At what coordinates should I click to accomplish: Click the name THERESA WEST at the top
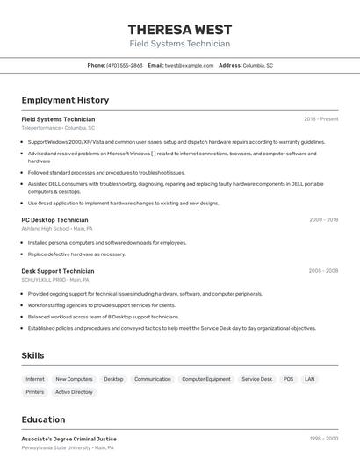click(180, 30)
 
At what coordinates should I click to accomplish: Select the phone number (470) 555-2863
click(124, 65)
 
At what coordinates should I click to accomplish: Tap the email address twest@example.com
click(189, 65)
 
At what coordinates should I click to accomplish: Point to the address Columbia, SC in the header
click(257, 65)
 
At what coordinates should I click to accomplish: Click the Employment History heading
click(65, 100)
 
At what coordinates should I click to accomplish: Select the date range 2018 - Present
click(320, 119)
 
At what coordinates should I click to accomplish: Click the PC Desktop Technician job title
click(54, 220)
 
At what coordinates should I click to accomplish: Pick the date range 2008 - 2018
click(323, 220)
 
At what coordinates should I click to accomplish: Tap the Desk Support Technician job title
click(57, 271)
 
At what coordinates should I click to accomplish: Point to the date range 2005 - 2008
click(323, 271)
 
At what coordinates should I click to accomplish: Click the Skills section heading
click(33, 355)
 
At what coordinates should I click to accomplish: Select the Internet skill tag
click(35, 379)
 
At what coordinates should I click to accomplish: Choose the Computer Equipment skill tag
click(206, 379)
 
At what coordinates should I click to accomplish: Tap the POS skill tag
click(288, 379)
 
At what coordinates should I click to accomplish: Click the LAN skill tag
click(310, 379)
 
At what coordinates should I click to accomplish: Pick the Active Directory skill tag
click(74, 392)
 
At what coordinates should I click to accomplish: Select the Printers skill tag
click(35, 392)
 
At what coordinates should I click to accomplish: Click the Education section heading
click(44, 419)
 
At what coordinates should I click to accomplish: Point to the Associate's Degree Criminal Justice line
click(68, 439)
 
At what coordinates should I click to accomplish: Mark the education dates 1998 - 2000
click(323, 439)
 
